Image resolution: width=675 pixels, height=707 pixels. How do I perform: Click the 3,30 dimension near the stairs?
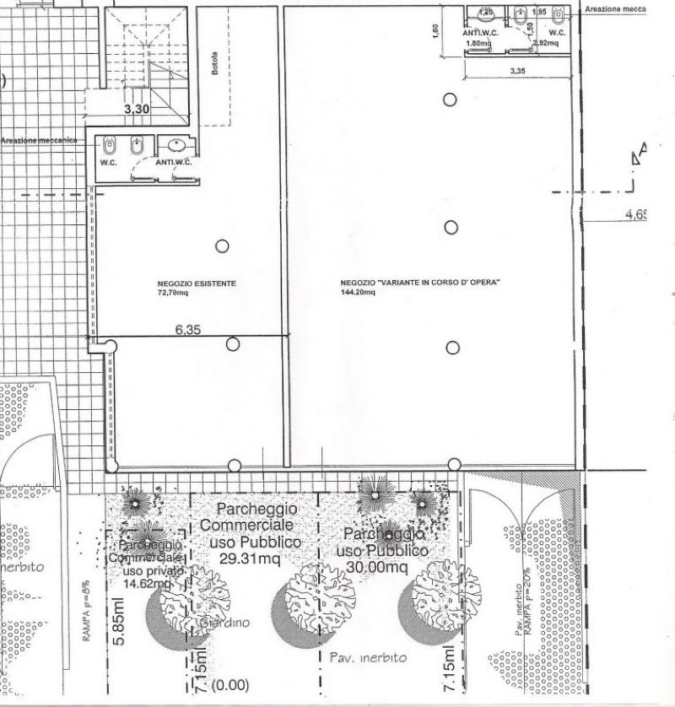point(138,108)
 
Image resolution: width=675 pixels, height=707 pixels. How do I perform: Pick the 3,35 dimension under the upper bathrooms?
point(517,72)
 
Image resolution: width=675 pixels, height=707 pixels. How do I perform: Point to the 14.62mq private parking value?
point(148,581)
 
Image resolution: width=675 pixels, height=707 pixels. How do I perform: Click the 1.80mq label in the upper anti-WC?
point(478,41)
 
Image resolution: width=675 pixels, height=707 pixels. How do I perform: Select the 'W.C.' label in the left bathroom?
point(109,162)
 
